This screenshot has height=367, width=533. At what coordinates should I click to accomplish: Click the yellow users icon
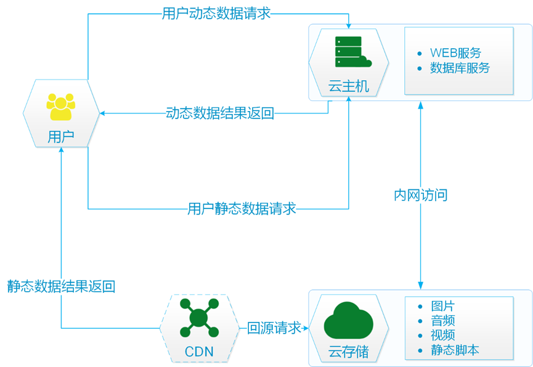60,106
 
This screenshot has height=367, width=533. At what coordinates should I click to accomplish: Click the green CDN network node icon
198,317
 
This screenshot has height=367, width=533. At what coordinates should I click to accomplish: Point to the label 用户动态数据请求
216,13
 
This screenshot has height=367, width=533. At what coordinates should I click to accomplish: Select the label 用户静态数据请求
242,208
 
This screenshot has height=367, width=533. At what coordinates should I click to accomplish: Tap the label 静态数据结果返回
61,286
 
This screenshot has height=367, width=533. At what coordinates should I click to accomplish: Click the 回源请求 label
274,328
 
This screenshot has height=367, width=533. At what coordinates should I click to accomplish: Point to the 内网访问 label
420,196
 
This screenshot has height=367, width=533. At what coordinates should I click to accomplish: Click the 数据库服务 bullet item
460,68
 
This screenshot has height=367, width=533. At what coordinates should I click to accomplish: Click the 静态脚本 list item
455,350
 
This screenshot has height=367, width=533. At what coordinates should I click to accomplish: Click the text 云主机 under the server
349,86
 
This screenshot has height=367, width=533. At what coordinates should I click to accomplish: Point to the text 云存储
349,352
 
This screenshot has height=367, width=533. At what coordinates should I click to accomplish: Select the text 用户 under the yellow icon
60,136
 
